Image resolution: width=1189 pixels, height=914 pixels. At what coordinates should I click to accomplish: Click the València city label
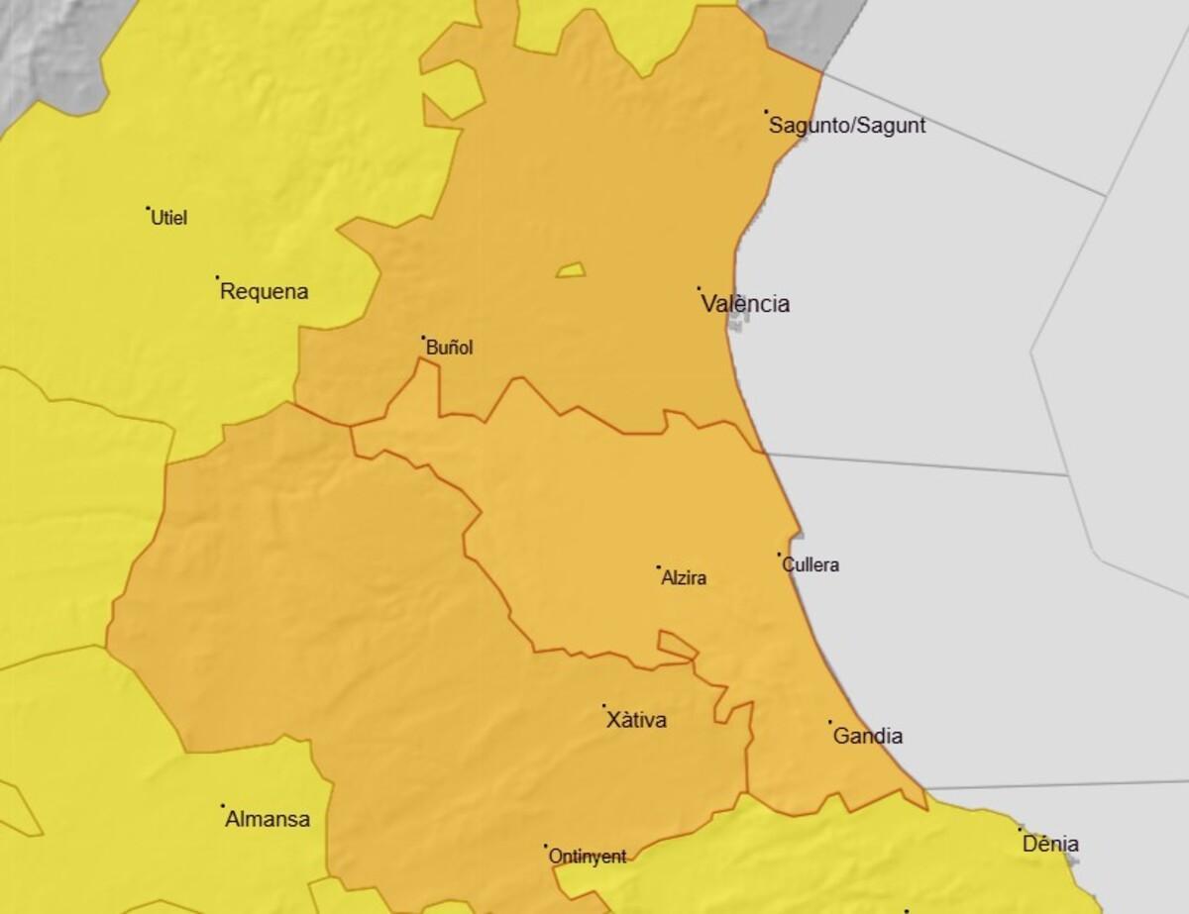click(x=745, y=304)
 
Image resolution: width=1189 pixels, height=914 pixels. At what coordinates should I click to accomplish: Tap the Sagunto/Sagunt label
click(x=847, y=126)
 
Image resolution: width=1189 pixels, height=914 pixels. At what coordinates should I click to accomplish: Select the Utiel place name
click(x=168, y=218)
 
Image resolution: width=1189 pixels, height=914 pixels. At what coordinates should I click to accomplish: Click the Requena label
click(x=264, y=292)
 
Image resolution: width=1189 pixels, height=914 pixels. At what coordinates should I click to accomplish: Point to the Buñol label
click(x=449, y=348)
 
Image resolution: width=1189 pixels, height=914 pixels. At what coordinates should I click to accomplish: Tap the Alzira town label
click(x=684, y=578)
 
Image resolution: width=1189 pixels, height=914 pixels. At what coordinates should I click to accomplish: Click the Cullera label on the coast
click(x=811, y=565)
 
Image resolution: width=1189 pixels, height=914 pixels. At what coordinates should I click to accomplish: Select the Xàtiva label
click(x=636, y=721)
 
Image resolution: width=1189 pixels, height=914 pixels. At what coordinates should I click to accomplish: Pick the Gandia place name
click(x=868, y=737)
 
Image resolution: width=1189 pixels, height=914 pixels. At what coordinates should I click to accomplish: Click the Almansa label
click(x=268, y=820)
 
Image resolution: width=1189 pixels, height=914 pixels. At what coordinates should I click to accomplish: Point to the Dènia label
click(x=1050, y=845)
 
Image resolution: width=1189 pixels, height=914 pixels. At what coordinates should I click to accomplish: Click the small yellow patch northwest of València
click(x=571, y=269)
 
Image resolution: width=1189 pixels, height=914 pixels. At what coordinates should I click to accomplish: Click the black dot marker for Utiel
click(x=148, y=208)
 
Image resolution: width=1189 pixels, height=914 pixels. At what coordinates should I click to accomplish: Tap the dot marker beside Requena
click(x=217, y=277)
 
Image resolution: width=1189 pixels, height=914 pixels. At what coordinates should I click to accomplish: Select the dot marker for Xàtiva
click(x=604, y=706)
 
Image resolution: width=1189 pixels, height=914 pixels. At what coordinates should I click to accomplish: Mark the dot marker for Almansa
click(x=222, y=805)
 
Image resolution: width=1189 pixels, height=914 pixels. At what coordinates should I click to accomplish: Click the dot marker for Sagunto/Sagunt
click(x=766, y=112)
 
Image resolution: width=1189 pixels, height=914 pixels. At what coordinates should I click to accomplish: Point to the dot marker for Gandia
click(x=830, y=722)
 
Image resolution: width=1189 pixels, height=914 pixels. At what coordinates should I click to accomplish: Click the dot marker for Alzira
click(x=659, y=567)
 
